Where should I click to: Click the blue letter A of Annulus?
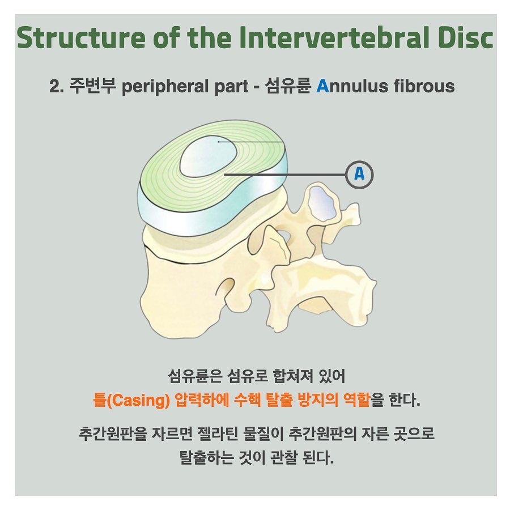point(322,86)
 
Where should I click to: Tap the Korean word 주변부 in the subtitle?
point(93,86)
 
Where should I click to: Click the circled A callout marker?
point(359,175)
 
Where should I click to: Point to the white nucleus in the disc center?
point(209,156)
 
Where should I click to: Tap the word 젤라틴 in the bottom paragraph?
point(218,433)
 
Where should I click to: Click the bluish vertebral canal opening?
point(321,202)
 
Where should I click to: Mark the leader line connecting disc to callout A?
point(285,175)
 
